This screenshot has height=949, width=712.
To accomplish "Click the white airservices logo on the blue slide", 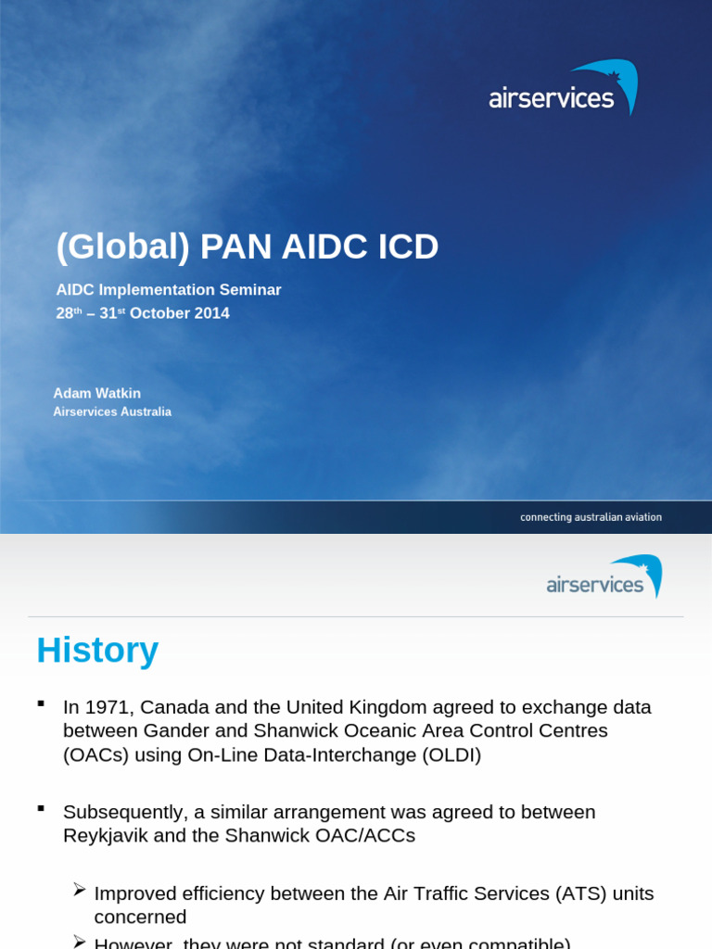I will tap(563, 89).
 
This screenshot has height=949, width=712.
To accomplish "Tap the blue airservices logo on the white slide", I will tap(604, 576).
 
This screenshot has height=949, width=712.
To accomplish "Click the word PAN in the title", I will tap(236, 247).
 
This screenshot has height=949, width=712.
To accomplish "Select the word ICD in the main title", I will tap(408, 247).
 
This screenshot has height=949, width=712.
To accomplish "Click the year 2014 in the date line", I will tap(211, 313).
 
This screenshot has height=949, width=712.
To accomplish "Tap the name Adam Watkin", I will tap(97, 393).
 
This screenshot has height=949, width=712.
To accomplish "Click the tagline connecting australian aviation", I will tap(591, 517).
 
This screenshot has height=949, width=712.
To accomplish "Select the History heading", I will tap(97, 650).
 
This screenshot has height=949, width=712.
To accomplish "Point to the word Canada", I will tap(180, 707).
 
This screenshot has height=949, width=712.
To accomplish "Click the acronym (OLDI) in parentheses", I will tap(451, 754).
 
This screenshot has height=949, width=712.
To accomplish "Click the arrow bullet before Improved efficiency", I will tap(80, 891).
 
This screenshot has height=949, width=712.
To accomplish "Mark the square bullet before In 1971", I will tap(41, 703).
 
